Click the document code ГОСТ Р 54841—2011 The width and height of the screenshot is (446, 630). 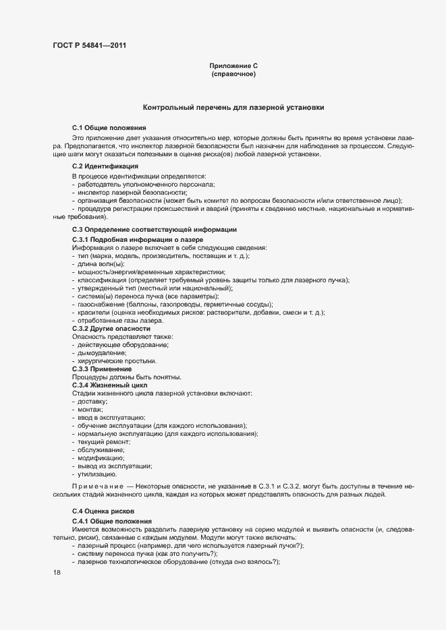pos(88,46)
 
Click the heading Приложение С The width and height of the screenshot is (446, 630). pos(233,66)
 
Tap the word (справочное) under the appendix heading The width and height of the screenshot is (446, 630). pos(233,74)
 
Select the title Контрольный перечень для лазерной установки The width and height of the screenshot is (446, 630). pos(233,107)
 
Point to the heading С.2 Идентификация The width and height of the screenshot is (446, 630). pos(105,166)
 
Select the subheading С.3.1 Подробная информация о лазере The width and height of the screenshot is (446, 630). pos(137,240)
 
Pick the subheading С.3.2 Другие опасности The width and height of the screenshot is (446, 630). pos(111,328)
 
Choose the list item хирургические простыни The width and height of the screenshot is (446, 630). pos(111,360)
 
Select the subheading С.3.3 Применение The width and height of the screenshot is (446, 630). pos(102,369)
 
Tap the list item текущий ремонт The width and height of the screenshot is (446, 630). pos(103,441)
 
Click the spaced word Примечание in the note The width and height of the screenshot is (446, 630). pos(97,486)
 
